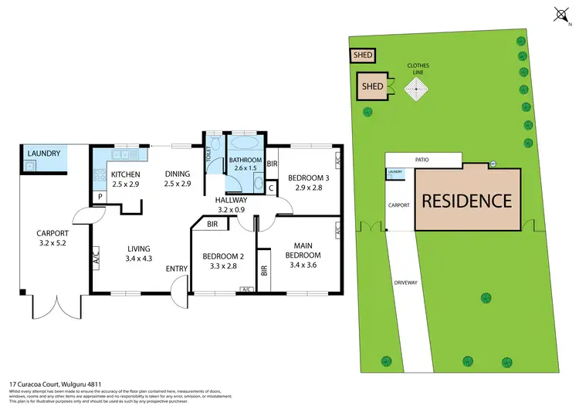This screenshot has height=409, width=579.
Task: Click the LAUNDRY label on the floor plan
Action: [43, 153]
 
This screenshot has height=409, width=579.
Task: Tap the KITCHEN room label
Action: [124, 174]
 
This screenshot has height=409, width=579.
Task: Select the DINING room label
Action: [177, 174]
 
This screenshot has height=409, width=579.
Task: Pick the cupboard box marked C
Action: [271, 188]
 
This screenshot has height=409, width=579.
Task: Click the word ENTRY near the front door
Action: [177, 269]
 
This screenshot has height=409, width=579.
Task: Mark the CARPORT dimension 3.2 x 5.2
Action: [53, 243]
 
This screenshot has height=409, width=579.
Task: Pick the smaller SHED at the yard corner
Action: [361, 56]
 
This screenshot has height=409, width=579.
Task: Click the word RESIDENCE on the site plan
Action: [466, 201]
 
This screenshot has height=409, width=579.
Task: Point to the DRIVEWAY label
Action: [405, 282]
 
